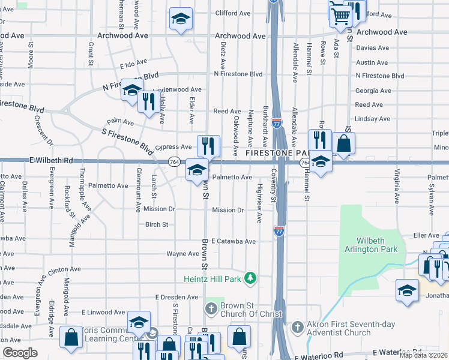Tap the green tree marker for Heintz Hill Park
(254, 278)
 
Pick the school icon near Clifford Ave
(181, 19)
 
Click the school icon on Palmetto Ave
(197, 170)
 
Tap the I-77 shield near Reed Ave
(276, 124)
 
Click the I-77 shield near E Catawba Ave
(279, 231)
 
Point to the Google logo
(20, 353)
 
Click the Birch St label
(156, 224)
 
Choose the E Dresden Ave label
(176, 297)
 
